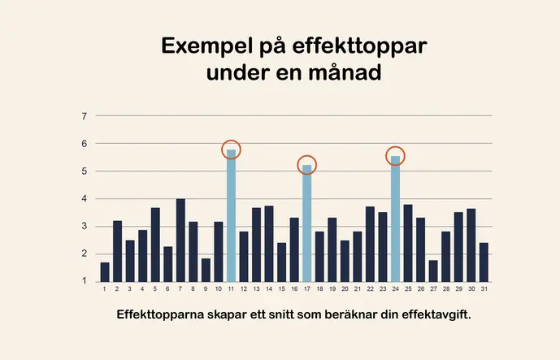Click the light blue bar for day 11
point(231,216)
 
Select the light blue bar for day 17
point(307,223)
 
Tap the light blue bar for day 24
point(395,219)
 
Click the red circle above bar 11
point(232,150)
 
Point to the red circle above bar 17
point(307,165)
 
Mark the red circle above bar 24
point(395,156)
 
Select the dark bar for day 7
point(180,241)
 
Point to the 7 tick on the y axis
point(85,116)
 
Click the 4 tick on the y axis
point(85,199)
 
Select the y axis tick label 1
point(85,282)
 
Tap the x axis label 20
point(345,288)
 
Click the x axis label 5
point(155,288)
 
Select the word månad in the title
point(339,73)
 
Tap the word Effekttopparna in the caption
point(159,313)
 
